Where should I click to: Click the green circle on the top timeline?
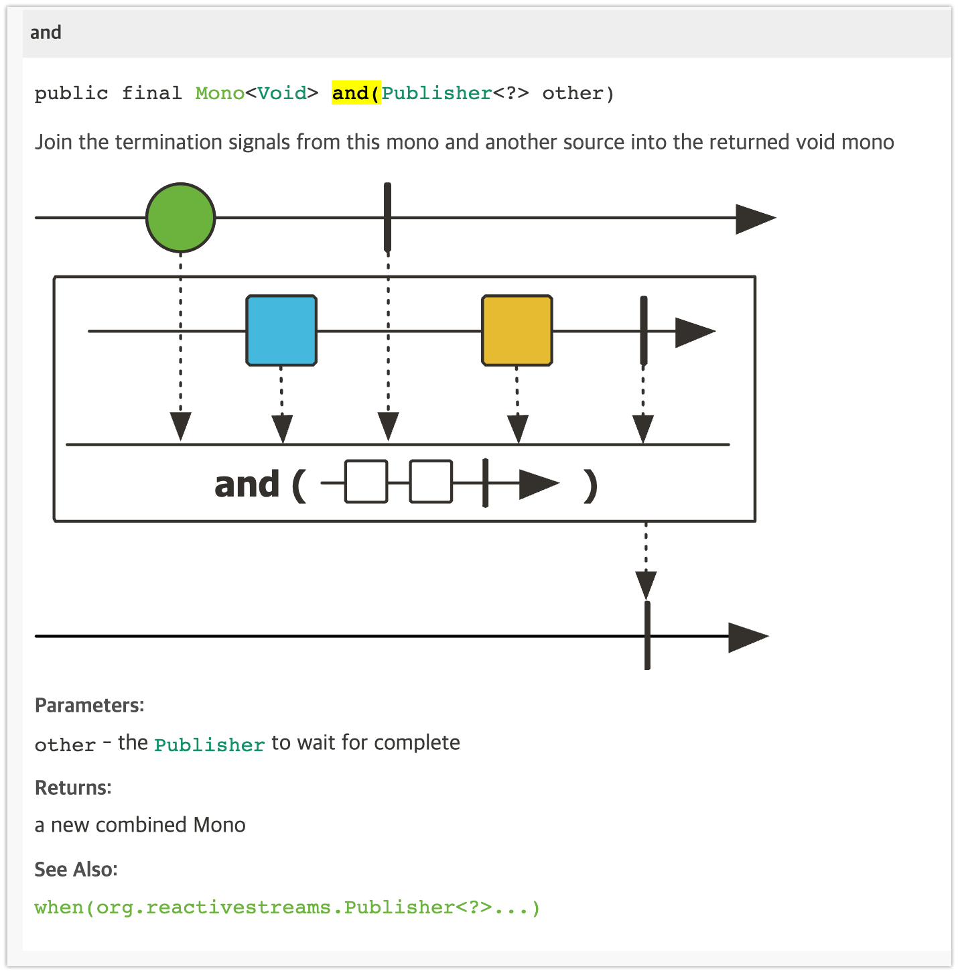(180, 218)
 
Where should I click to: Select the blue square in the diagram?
(281, 330)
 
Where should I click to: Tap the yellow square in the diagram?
(517, 330)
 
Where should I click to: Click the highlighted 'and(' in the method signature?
(356, 93)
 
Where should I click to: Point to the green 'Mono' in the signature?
(220, 93)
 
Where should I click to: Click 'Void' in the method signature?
(282, 93)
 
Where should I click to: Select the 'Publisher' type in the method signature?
(437, 93)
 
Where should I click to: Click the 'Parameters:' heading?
(89, 706)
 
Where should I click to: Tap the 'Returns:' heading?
(73, 788)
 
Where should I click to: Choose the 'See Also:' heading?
(76, 870)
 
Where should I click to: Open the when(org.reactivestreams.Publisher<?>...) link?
(287, 908)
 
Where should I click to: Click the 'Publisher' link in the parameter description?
(209, 745)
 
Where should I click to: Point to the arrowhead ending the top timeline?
(754, 218)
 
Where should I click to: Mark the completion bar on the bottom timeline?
(647, 635)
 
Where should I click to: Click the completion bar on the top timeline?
(387, 217)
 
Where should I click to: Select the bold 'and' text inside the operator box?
(247, 484)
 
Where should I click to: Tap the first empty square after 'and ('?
(366, 481)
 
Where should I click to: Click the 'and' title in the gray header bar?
(46, 33)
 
